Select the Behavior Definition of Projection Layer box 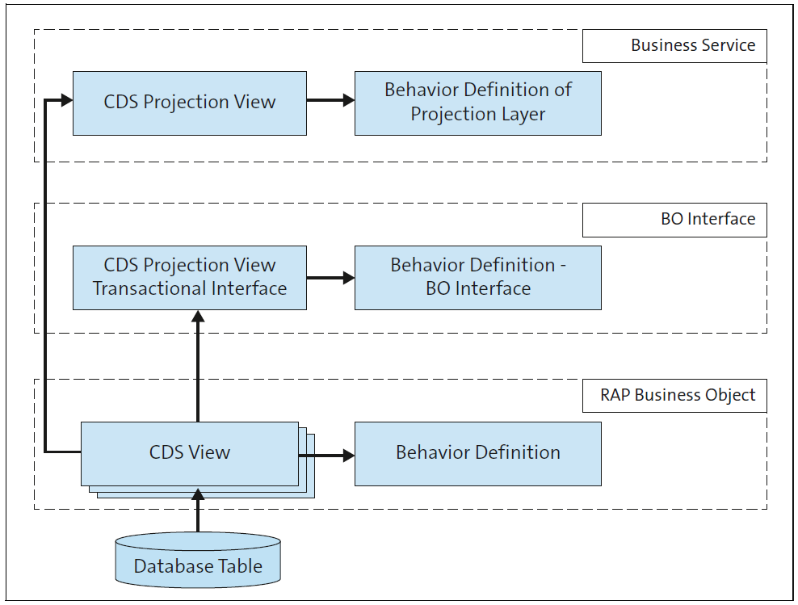(477, 103)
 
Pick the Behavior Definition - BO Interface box (477, 277)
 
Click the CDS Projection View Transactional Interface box (190, 277)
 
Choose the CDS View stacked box (190, 453)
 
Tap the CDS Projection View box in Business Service (190, 103)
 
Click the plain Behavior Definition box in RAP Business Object (477, 453)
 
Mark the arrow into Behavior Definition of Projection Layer (330, 101)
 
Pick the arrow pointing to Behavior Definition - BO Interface (330, 277)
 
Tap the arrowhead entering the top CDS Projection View (65, 101)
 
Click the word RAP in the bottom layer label (615, 395)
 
